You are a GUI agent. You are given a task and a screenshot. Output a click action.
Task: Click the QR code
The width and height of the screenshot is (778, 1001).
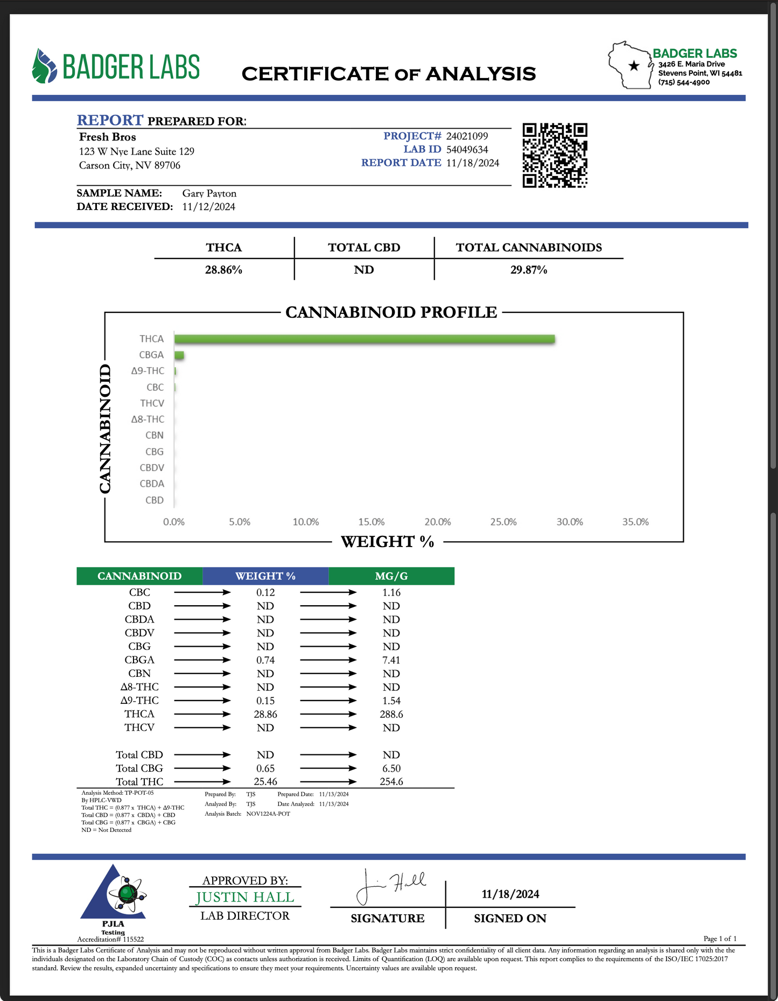coord(555,155)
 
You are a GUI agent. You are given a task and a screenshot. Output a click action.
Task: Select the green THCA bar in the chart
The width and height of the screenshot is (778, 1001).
coord(364,339)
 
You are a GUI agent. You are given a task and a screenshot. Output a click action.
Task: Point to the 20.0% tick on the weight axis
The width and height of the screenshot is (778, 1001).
coord(437,522)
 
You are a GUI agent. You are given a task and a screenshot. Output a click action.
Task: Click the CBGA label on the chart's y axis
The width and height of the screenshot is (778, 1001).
coord(151,355)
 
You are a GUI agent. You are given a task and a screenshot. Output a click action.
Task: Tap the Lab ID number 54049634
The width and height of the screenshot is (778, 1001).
coord(467,150)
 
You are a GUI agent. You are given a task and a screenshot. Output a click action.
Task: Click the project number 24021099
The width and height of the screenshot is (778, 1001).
coord(467,136)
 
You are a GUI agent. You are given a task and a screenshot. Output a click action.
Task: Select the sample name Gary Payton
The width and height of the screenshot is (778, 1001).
coord(209,193)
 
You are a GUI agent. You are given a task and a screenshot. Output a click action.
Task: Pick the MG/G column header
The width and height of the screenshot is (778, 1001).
coord(391,576)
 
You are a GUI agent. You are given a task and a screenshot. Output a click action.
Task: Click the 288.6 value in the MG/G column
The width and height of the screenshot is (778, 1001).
coord(391,714)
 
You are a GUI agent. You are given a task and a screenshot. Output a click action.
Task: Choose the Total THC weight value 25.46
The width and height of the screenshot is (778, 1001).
coord(265,781)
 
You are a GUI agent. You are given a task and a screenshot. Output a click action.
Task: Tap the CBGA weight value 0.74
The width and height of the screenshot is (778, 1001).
coord(265,660)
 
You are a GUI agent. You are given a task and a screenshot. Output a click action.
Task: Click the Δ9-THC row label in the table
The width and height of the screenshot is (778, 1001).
coord(139,701)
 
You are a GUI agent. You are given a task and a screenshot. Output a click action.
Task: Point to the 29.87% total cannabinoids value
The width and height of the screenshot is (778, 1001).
coord(528,270)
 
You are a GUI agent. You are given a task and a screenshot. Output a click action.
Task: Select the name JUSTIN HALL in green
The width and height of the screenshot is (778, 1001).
coord(245,897)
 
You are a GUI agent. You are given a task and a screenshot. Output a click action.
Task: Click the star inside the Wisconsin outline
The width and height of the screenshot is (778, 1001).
coord(634,66)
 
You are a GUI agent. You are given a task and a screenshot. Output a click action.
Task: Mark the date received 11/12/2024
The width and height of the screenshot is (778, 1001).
coord(208,207)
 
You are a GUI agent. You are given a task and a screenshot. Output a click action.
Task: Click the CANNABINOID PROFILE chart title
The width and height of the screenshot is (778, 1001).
coord(391,312)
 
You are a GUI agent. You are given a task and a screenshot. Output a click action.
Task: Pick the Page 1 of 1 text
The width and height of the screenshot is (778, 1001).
coord(720,939)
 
